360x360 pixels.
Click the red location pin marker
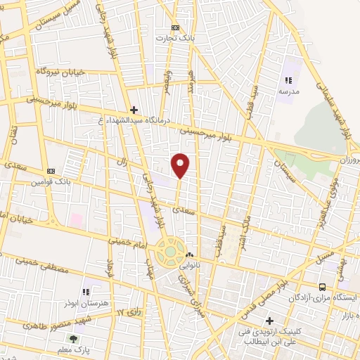pos(181,165)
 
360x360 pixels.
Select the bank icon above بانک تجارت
pos(167,28)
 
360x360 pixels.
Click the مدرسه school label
pos(289,91)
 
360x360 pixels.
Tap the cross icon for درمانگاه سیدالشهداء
pos(134,109)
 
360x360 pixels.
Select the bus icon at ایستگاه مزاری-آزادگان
pos(323,287)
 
